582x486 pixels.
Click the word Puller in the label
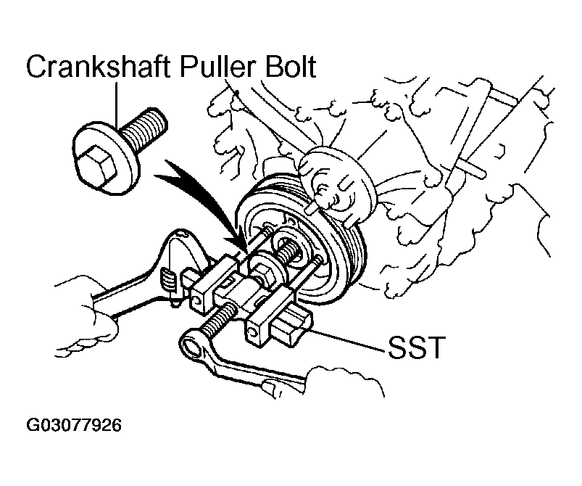pos(223,67)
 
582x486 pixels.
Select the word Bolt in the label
pos(290,67)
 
